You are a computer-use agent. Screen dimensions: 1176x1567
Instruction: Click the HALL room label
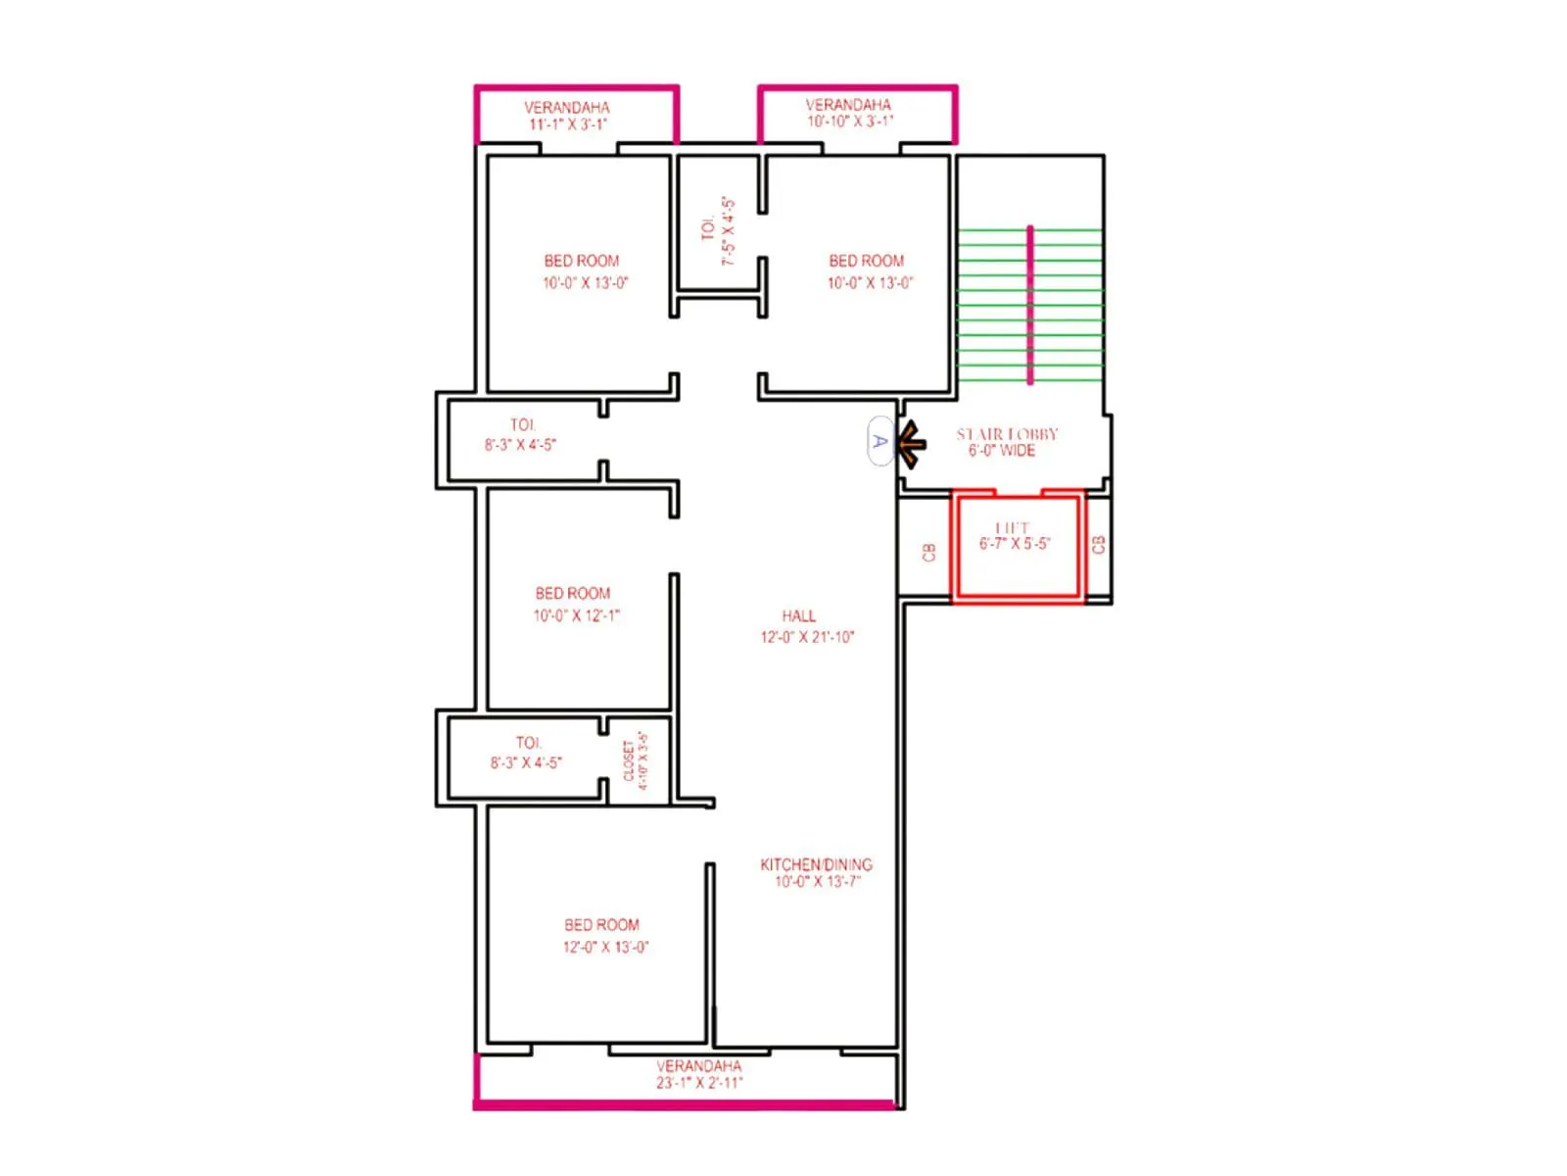pyautogui.click(x=798, y=616)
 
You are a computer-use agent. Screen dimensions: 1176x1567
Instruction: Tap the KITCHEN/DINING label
pyautogui.click(x=816, y=864)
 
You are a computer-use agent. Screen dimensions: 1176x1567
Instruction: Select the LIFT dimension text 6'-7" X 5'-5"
pyautogui.click(x=1015, y=544)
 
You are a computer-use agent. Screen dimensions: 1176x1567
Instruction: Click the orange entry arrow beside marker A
pyautogui.click(x=911, y=444)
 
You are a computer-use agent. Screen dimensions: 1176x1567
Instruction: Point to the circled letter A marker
pyautogui.click(x=879, y=442)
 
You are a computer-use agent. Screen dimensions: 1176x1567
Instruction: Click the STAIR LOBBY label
pyautogui.click(x=1007, y=434)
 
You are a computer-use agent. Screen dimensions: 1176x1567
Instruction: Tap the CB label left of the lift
pyautogui.click(x=929, y=553)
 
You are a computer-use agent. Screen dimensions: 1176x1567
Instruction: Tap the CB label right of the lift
pyautogui.click(x=1098, y=545)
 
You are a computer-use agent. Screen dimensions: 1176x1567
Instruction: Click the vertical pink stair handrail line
pyautogui.click(x=1029, y=305)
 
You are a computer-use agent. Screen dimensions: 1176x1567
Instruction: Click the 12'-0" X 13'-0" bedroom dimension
pyautogui.click(x=605, y=948)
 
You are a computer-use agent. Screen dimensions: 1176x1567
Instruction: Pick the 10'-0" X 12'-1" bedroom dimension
pyautogui.click(x=576, y=616)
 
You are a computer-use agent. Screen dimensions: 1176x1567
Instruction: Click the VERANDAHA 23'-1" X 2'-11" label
pyautogui.click(x=699, y=1074)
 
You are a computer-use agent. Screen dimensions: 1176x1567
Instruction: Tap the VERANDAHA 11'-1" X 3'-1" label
pyautogui.click(x=567, y=116)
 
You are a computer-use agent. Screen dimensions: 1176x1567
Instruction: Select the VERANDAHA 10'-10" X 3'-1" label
pyautogui.click(x=849, y=113)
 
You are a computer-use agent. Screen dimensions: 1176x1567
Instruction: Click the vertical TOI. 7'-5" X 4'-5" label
pyautogui.click(x=718, y=231)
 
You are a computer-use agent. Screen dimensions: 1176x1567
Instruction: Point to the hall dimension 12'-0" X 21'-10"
pyautogui.click(x=807, y=637)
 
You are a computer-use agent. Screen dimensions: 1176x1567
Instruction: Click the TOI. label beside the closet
pyautogui.click(x=528, y=743)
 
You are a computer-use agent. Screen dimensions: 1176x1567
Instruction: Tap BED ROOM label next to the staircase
pyautogui.click(x=866, y=261)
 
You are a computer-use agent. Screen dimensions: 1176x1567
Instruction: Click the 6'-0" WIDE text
pyautogui.click(x=1002, y=451)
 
